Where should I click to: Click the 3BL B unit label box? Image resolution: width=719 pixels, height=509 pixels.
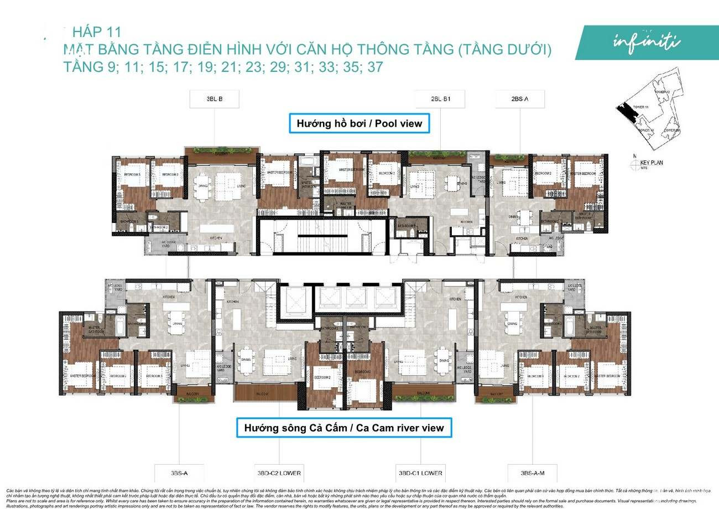(213, 100)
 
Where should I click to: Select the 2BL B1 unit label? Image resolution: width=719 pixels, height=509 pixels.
(440, 100)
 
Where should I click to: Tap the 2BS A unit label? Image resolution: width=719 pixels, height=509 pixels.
(520, 100)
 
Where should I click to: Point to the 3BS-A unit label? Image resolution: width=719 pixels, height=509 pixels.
(178, 473)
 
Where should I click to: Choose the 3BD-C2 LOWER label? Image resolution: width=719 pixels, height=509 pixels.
(279, 473)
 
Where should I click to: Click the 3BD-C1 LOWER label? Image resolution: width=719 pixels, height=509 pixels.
(421, 473)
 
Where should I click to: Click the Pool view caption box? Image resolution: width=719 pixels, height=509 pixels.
(359, 123)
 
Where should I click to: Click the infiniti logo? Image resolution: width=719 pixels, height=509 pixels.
(647, 41)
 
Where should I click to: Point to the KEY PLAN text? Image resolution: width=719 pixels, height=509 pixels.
(651, 163)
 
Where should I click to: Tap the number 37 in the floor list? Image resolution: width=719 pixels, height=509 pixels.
(390, 67)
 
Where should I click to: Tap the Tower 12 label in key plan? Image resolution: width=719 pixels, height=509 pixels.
(662, 92)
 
